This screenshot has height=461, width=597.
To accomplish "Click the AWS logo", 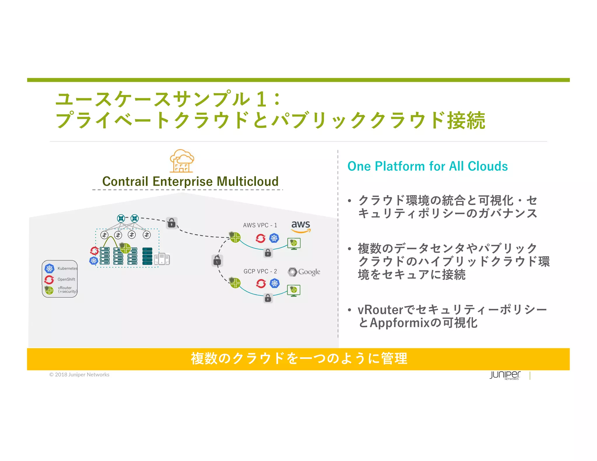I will [x=301, y=226].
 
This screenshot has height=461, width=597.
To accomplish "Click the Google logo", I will [x=304, y=272].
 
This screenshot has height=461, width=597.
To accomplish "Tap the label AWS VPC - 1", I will [x=260, y=225].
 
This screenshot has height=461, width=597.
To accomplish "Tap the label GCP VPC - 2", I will [x=260, y=271].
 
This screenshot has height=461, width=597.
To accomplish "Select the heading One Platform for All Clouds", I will [x=427, y=166].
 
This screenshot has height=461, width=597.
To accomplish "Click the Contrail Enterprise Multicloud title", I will [x=190, y=181].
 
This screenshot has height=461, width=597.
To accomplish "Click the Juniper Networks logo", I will [x=505, y=375].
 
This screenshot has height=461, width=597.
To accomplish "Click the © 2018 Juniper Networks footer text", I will [x=79, y=375].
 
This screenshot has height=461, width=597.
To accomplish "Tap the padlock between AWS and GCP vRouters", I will [x=217, y=261].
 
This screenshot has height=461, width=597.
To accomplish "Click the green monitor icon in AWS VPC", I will [x=294, y=243].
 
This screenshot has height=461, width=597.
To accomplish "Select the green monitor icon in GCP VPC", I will [x=294, y=290].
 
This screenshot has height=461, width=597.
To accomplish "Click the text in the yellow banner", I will [x=299, y=358].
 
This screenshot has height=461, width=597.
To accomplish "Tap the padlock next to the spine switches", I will [x=172, y=223].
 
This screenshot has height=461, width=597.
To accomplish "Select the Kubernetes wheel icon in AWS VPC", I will [x=274, y=238].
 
